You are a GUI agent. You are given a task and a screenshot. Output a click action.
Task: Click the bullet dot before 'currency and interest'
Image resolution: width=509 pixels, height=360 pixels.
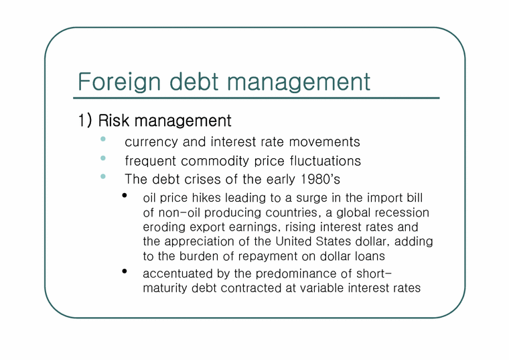pyautogui.click(x=103, y=139)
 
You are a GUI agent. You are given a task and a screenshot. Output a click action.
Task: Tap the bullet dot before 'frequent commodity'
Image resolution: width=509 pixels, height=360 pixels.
pyautogui.click(x=103, y=158)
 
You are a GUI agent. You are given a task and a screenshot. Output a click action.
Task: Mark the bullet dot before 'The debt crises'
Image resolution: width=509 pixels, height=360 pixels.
pyautogui.click(x=103, y=177)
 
